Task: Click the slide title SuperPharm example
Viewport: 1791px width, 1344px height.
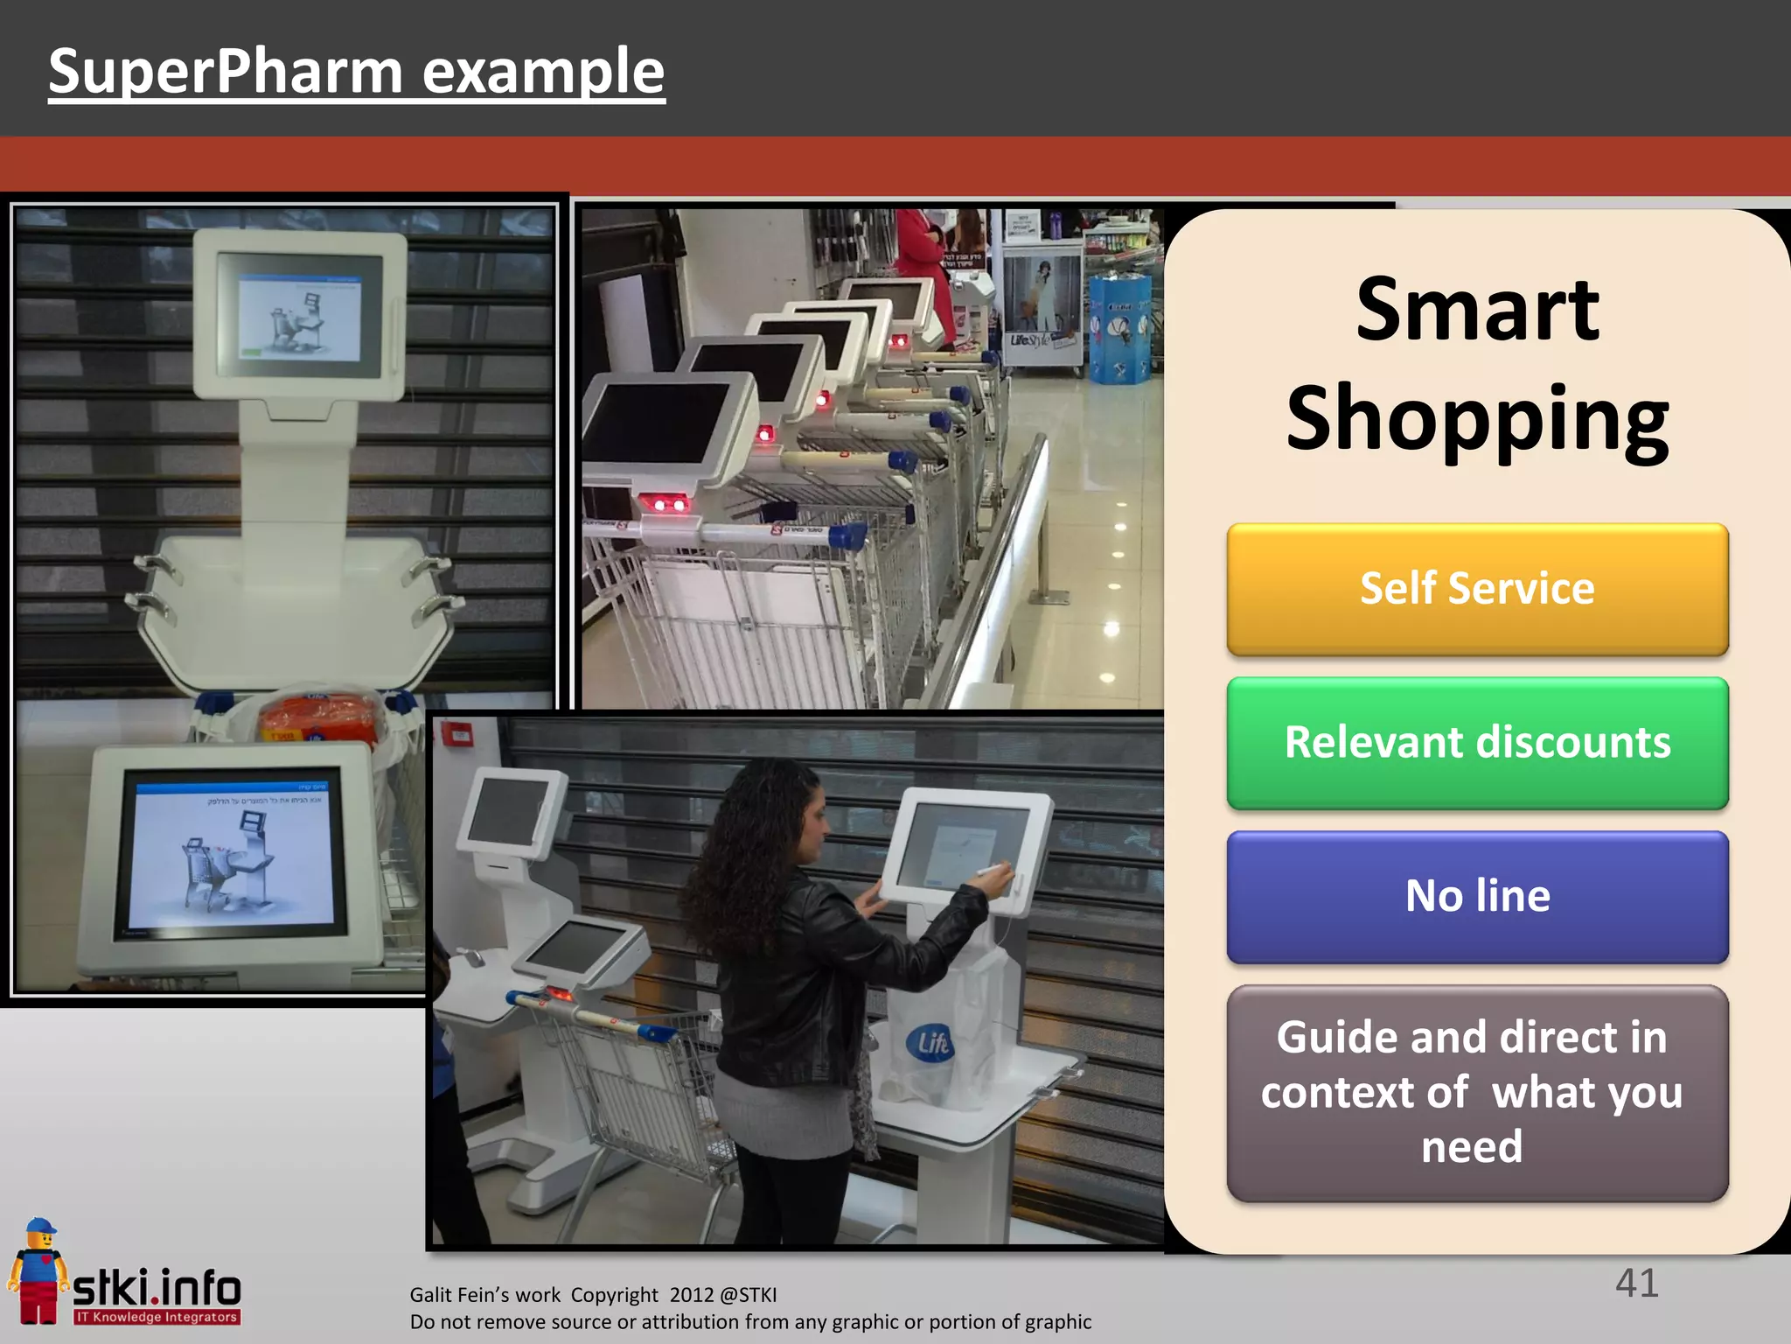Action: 356,72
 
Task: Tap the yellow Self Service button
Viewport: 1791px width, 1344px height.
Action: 1477,589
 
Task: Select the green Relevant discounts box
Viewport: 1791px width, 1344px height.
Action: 1477,743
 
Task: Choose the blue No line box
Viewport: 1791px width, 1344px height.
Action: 1477,897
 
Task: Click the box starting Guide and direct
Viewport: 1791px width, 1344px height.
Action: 1477,1093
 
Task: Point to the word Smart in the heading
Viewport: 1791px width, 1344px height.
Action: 1477,310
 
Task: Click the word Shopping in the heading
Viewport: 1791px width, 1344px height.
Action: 1477,420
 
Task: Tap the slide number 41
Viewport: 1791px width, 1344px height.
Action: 1636,1284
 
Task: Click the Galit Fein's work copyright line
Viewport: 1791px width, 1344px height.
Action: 593,1295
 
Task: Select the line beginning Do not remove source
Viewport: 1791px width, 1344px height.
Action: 750,1322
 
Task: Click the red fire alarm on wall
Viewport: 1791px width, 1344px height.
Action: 457,733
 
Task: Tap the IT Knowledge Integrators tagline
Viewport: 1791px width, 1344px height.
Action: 157,1317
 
